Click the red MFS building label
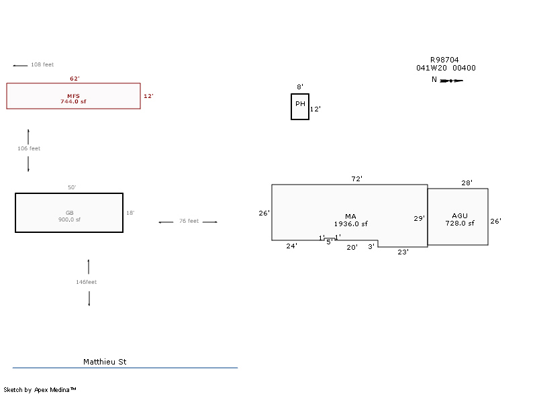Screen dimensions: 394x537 (73, 95)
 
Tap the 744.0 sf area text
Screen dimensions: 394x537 (73, 101)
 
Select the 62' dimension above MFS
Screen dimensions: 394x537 (75, 79)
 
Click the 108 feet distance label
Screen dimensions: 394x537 (42, 64)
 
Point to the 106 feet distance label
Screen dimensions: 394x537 (29, 148)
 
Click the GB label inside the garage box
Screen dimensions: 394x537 (69, 213)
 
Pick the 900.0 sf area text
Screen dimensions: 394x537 (69, 219)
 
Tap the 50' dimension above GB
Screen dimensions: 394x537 (72, 187)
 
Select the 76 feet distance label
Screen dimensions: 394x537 (189, 221)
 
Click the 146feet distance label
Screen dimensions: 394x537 (87, 282)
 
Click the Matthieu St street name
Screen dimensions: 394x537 (105, 362)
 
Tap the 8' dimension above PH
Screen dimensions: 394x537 (300, 87)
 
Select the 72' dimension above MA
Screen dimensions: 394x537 (357, 179)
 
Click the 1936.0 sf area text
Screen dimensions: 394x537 (351, 224)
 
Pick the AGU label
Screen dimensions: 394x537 (460, 216)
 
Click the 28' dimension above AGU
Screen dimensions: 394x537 (467, 183)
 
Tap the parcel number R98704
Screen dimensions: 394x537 (444, 60)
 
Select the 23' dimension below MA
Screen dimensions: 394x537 (403, 252)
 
